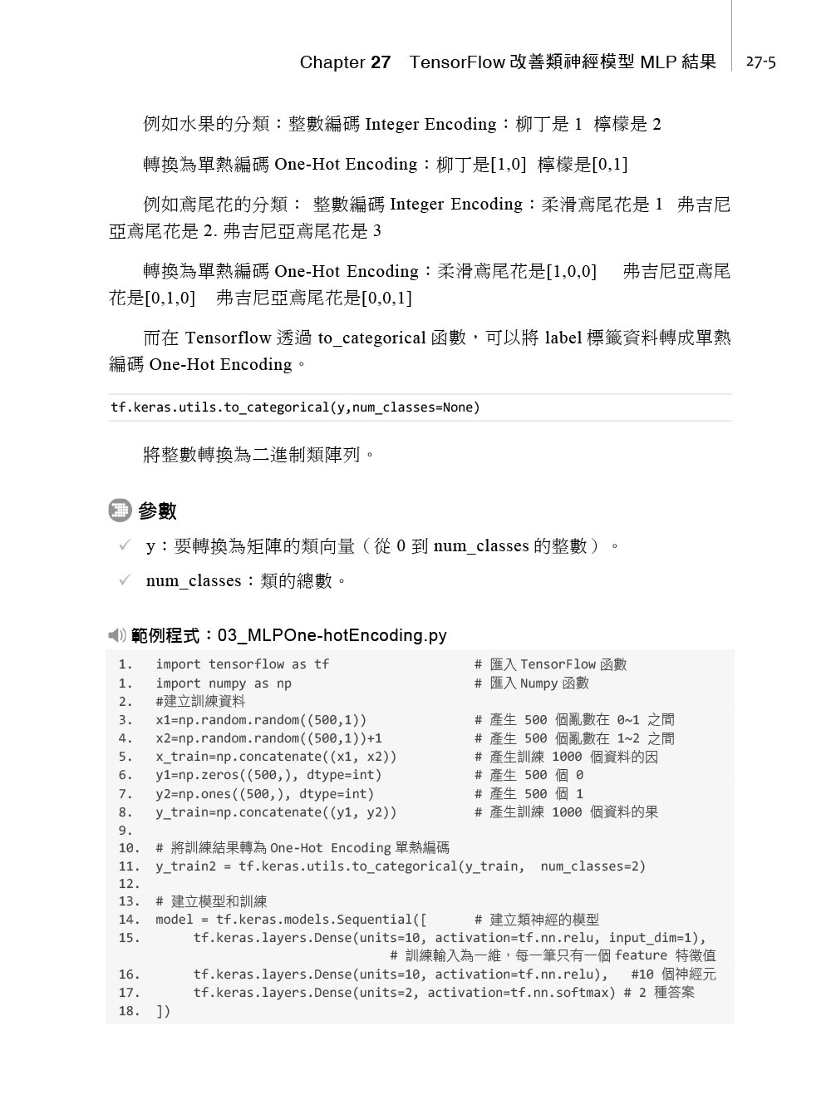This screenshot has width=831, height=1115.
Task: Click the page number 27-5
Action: [760, 62]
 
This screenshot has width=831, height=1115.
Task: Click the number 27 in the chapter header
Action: [381, 62]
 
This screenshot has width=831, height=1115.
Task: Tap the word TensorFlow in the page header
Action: [457, 62]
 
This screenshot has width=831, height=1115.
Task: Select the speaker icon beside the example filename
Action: [117, 636]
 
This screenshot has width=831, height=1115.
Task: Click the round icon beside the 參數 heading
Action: [120, 511]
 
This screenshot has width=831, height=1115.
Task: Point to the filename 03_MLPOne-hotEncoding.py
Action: [332, 636]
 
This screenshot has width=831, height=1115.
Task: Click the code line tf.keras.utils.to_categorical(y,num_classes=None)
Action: [295, 407]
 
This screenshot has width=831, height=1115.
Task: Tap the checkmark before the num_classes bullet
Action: [125, 580]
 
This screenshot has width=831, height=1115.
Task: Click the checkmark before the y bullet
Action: [125, 545]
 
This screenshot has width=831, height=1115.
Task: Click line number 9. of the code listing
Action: [125, 830]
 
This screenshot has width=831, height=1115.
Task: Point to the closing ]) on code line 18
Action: [163, 1011]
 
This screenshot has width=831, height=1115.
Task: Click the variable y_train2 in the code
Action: [185, 866]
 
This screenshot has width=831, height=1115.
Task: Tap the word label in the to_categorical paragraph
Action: [563, 338]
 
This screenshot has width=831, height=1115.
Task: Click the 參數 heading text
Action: [157, 511]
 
